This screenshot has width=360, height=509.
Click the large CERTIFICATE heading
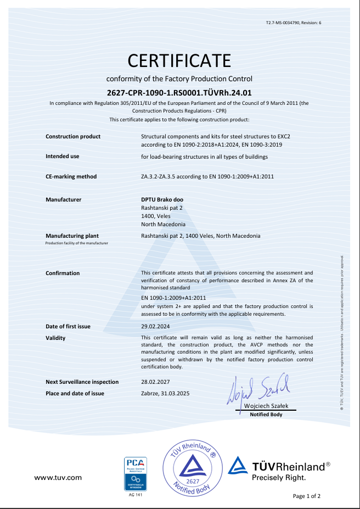pyautogui.click(x=179, y=60)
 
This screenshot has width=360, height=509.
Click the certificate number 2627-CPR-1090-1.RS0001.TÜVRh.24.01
pyautogui.click(x=179, y=93)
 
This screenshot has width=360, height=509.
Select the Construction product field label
pyautogui.click(x=73, y=136)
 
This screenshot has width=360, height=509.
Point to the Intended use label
pyautogui.click(x=62, y=156)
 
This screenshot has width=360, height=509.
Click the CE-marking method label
pyautogui.click(x=71, y=176)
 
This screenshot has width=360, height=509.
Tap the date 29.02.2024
pyautogui.click(x=155, y=327)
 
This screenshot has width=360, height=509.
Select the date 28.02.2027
pyautogui.click(x=155, y=382)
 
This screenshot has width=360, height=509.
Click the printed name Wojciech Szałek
pyautogui.click(x=266, y=406)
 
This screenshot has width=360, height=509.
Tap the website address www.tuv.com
pyautogui.click(x=58, y=478)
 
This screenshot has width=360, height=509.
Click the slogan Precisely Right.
pyautogui.click(x=278, y=478)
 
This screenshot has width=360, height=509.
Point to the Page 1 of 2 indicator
pyautogui.click(x=306, y=496)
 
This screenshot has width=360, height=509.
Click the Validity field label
pyautogui.click(x=55, y=338)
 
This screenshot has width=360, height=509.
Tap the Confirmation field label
pyautogui.click(x=63, y=273)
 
